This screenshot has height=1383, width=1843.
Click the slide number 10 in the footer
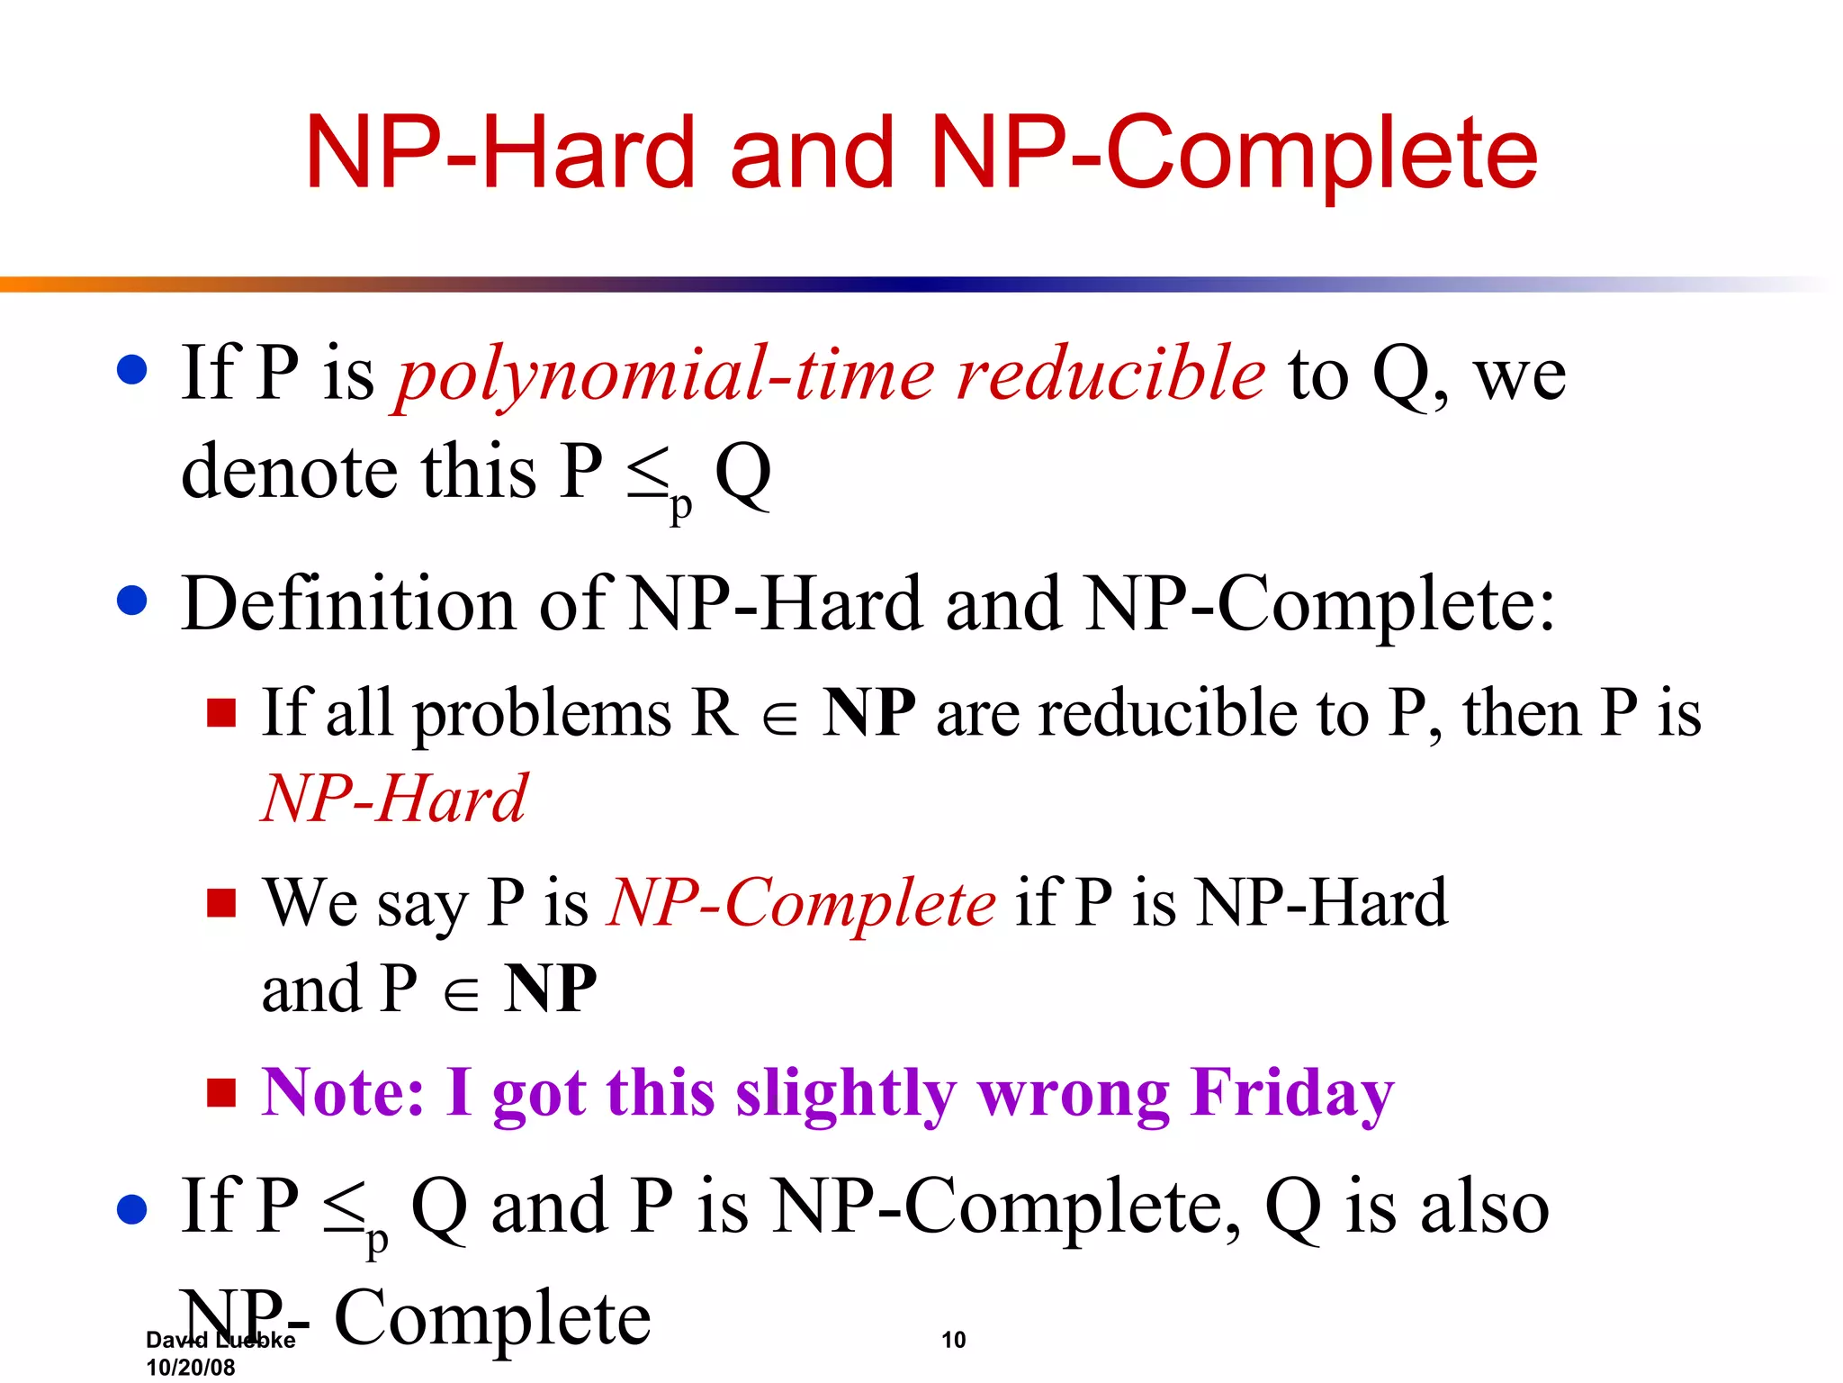click(953, 1340)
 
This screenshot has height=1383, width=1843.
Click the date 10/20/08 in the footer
click(190, 1367)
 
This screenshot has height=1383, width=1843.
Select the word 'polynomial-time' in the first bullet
click(666, 376)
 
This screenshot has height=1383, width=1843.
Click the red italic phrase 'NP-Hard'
click(394, 799)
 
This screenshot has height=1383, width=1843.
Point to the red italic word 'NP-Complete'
click(802, 902)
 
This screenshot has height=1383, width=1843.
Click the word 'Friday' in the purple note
click(1292, 1093)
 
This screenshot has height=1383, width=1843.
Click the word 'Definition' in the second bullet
click(348, 604)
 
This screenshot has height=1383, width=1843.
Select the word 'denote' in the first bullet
click(289, 472)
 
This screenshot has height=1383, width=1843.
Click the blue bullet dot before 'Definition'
click(132, 601)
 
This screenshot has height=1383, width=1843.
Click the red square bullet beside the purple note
click(221, 1092)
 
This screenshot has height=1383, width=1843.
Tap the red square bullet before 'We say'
click(221, 901)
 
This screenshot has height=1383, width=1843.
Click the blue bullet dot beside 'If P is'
click(132, 370)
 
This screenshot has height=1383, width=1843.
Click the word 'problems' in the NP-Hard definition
click(542, 714)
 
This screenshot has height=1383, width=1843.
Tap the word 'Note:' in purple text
click(343, 1093)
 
